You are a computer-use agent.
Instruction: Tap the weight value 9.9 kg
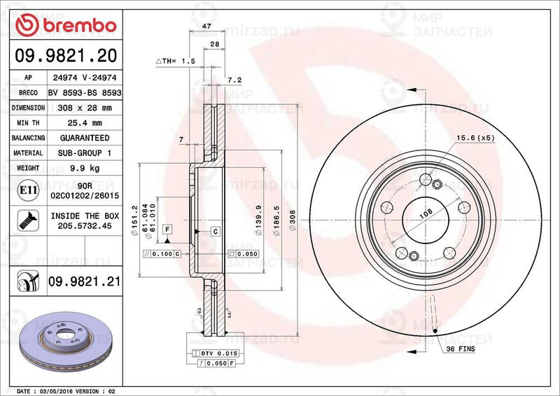[84, 168]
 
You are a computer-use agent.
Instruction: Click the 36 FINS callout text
[461, 348]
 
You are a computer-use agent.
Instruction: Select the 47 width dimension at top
[206, 26]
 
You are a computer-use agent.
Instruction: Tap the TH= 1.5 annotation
[175, 62]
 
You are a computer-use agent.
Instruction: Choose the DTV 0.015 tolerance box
[220, 353]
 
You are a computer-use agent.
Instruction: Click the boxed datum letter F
[168, 229]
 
